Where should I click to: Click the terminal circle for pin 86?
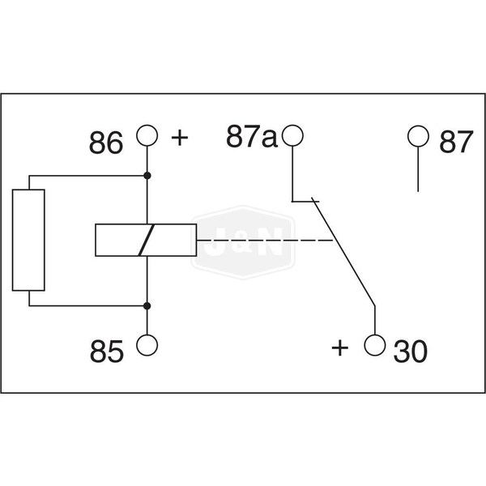(x=147, y=135)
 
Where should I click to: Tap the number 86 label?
(x=107, y=144)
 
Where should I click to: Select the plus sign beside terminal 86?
(x=179, y=137)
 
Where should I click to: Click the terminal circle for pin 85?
(x=147, y=346)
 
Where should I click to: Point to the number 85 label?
(x=107, y=352)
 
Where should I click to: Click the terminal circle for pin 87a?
(x=292, y=135)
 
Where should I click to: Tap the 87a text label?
(x=251, y=139)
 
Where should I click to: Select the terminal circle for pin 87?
(x=417, y=135)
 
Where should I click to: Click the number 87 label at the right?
(x=454, y=144)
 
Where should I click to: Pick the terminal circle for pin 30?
(x=374, y=346)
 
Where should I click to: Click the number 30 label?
(x=411, y=352)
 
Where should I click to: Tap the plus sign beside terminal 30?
(x=341, y=348)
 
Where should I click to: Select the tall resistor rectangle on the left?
(x=28, y=241)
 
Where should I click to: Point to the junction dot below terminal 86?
(x=147, y=176)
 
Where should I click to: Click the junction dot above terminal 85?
(x=147, y=305)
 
